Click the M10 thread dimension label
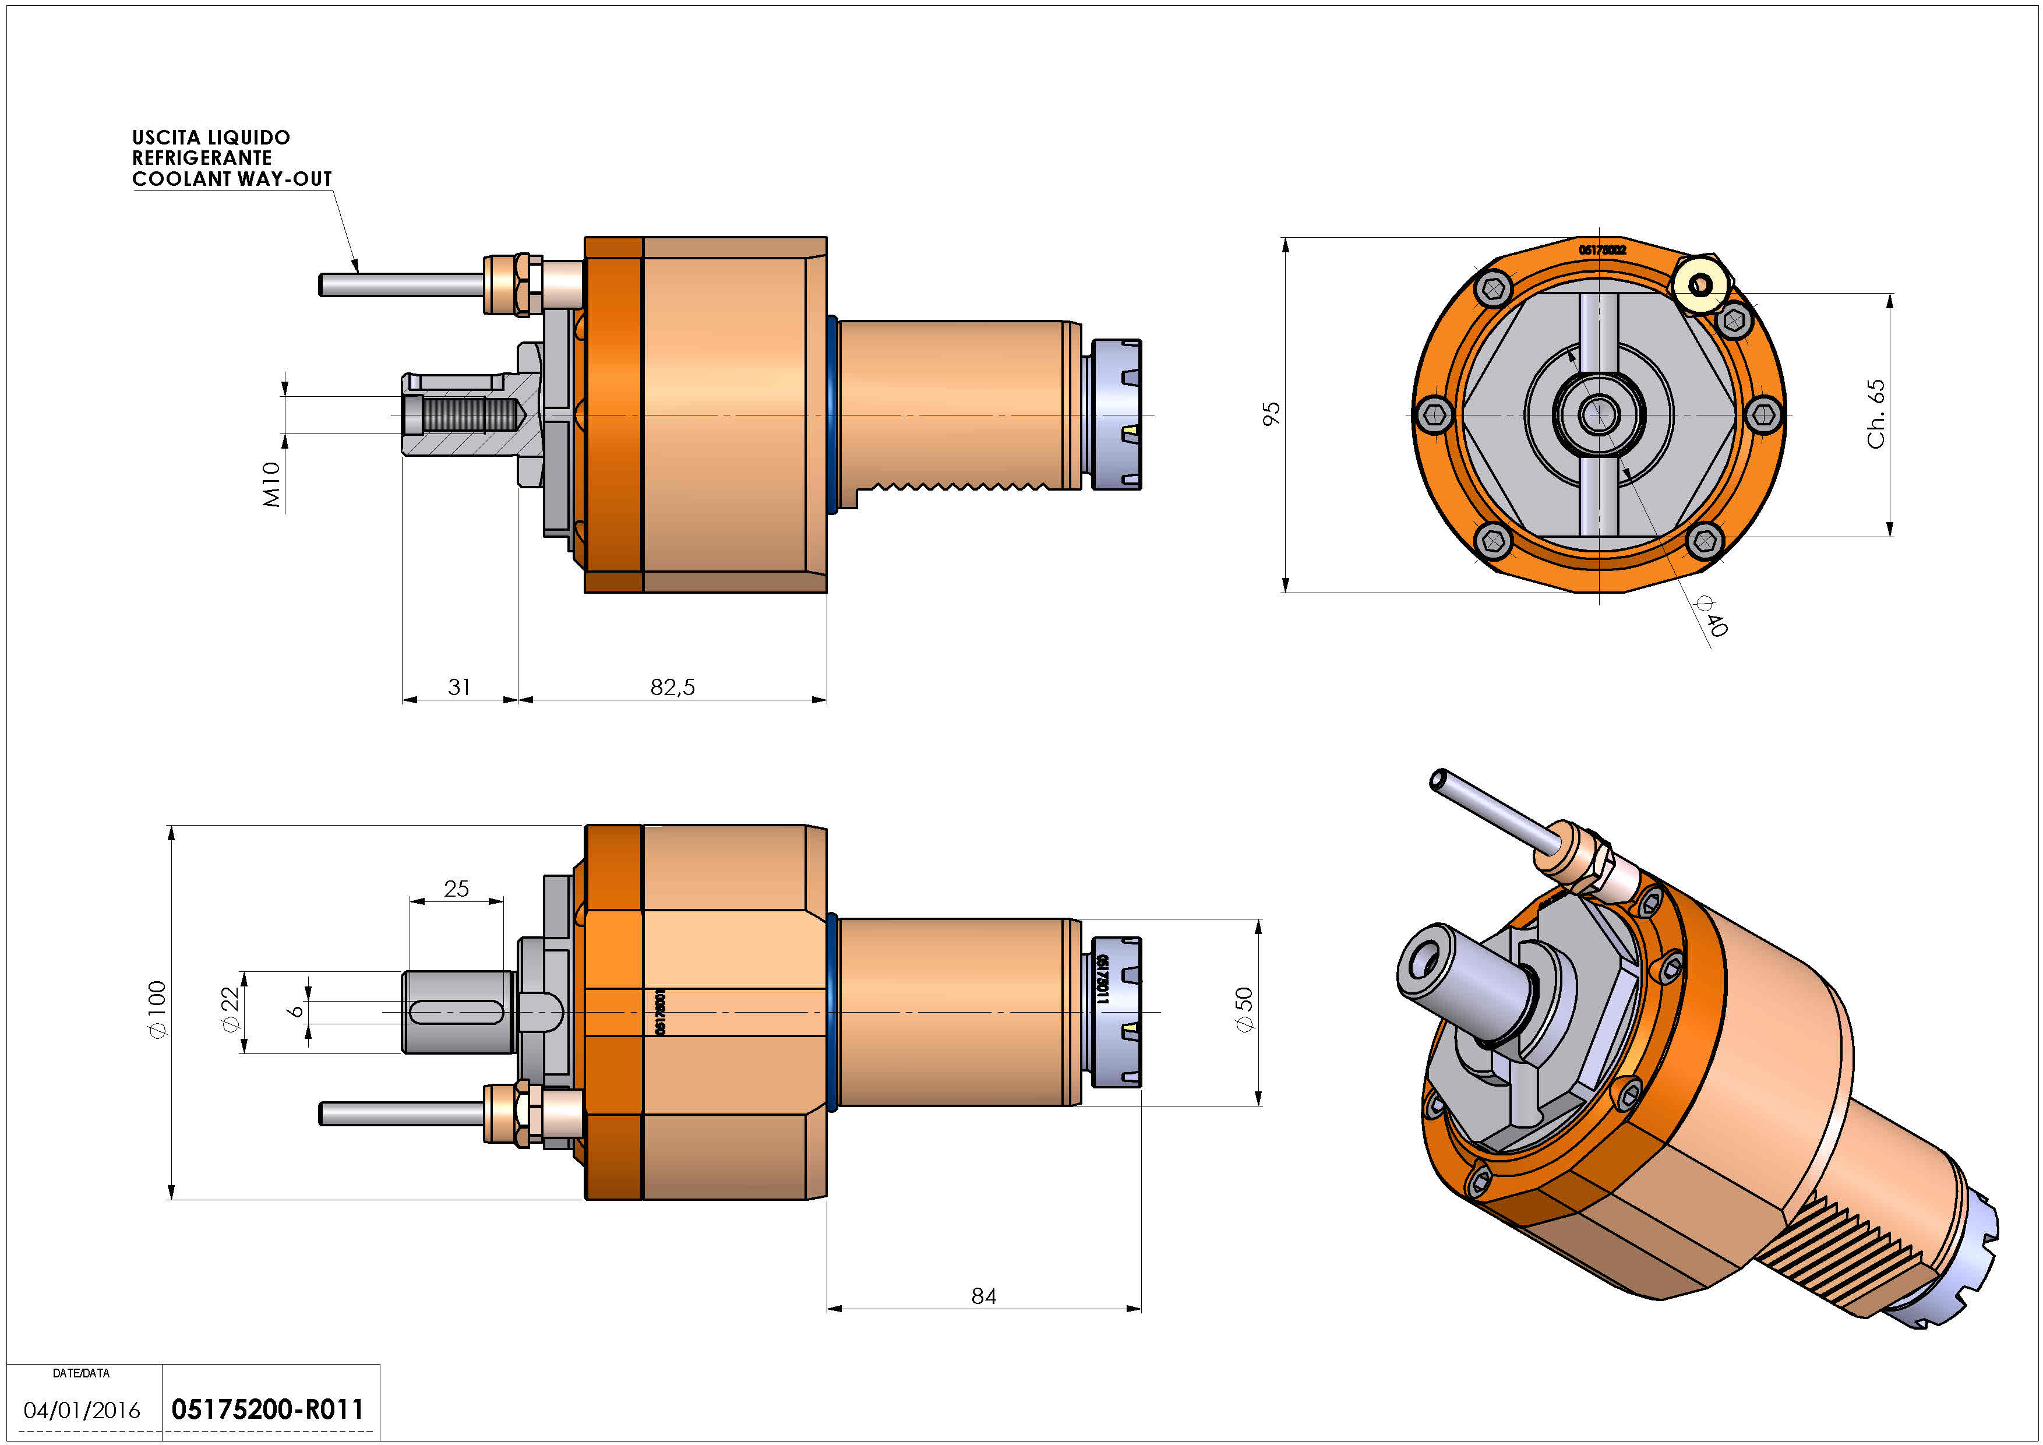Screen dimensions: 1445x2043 (271, 485)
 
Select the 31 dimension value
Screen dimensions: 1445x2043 (459, 687)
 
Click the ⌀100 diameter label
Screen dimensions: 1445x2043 (157, 1009)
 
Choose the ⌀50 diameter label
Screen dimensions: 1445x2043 (1244, 1009)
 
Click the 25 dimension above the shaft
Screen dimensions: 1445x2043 (457, 888)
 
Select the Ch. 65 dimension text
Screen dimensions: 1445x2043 (1876, 414)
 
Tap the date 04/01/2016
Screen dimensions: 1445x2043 (82, 1410)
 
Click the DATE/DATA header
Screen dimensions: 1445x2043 (81, 1373)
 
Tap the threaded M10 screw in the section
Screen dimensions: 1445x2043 (472, 415)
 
